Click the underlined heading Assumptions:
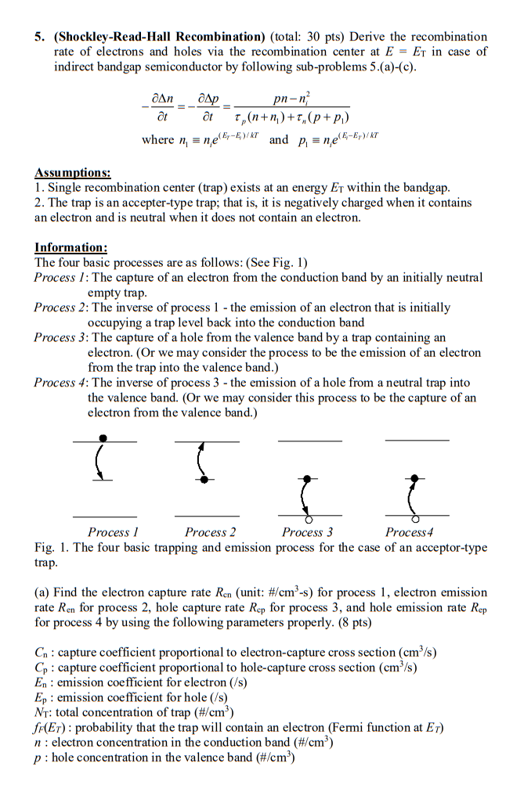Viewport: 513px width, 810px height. (x=72, y=172)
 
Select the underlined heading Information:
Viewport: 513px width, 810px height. (x=70, y=248)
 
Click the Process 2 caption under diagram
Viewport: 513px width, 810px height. (x=211, y=532)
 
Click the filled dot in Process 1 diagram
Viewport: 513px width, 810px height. (x=103, y=438)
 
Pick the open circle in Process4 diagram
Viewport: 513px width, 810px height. (x=415, y=519)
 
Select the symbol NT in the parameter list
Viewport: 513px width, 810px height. (x=44, y=712)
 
